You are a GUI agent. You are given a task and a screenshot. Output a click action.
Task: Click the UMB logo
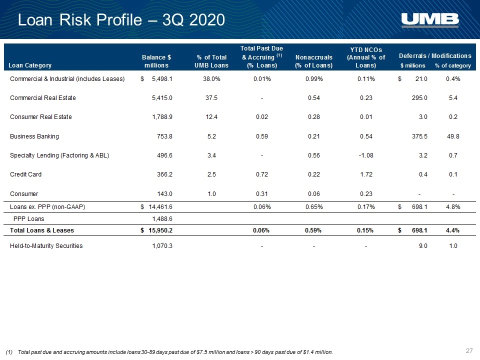pos(430,20)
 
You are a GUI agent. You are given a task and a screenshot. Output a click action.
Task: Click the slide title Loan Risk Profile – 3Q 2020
pos(121,20)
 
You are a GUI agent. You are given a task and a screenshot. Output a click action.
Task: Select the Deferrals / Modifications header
pos(435,56)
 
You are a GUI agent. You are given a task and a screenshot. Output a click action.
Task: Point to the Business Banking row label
pos(34,136)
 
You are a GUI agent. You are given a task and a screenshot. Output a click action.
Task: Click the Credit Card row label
pos(25,174)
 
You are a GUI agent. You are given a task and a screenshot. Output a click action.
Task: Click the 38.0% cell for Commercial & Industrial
pos(211,79)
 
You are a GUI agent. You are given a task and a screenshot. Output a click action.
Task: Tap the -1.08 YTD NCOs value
pos(366,155)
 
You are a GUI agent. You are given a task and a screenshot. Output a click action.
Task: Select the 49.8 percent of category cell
pos(453,136)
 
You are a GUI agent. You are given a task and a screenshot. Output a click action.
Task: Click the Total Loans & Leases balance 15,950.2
pos(160,230)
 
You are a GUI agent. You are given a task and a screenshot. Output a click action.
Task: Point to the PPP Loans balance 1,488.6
pos(162,219)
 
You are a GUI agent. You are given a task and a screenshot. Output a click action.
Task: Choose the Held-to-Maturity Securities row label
pos(46,246)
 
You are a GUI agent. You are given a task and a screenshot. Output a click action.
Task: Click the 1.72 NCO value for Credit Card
pos(366,174)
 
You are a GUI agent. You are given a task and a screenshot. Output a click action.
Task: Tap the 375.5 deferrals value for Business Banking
pos(419,136)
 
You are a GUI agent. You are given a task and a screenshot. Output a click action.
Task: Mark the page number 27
pos(469,351)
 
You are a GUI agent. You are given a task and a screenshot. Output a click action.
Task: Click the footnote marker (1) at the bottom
pos(9,352)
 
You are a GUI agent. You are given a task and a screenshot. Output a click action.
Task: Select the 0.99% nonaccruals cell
pos(314,79)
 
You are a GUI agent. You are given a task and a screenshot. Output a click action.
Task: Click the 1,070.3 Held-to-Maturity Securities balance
pos(162,246)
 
